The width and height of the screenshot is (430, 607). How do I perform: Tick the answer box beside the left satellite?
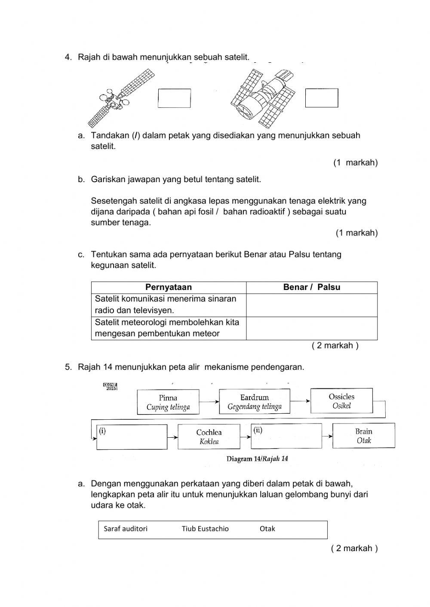[x=174, y=98]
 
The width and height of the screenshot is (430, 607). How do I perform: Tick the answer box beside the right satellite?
[x=322, y=98]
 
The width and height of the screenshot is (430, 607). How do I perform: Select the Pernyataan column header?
[x=169, y=287]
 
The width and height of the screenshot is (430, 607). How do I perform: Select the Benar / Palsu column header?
[x=311, y=287]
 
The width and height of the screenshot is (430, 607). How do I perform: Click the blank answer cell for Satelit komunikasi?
[x=311, y=305]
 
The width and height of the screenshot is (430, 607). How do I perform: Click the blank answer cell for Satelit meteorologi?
[x=311, y=328]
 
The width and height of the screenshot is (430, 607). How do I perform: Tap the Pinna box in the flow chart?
[x=168, y=402]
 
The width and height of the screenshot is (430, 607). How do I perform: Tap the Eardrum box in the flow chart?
[x=255, y=402]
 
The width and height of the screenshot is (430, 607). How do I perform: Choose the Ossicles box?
[x=341, y=401]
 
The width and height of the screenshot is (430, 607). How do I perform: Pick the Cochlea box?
[x=209, y=436]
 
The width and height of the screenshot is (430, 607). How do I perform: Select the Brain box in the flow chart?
[x=363, y=436]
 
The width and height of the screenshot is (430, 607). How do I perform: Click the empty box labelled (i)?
[x=132, y=437]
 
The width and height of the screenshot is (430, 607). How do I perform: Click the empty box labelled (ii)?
[x=286, y=436]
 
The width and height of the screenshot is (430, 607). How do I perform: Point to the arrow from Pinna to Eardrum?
[x=209, y=402]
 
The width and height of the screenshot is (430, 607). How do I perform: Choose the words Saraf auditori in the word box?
[x=126, y=529]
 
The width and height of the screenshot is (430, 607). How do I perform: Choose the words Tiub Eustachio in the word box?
[x=205, y=529]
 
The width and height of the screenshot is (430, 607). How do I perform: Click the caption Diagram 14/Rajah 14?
[x=257, y=459]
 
